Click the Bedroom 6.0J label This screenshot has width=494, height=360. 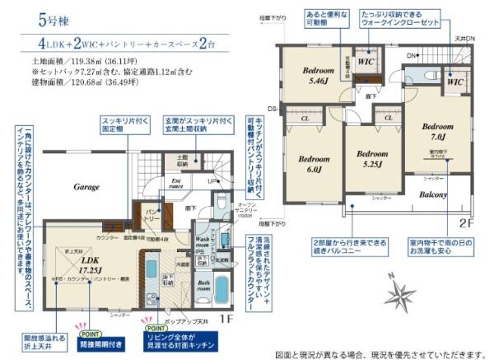click(x=314, y=164)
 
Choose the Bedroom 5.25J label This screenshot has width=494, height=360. click(x=372, y=158)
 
